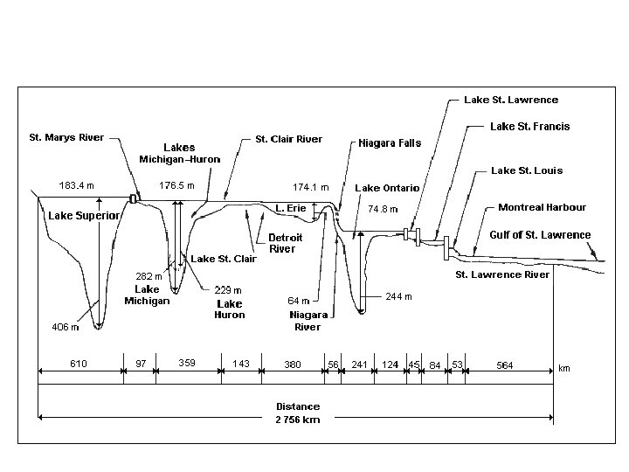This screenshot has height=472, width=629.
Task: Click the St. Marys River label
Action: click(x=66, y=137)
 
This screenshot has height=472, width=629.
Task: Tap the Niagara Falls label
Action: click(x=389, y=143)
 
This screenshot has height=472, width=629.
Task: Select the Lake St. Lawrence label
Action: click(x=511, y=100)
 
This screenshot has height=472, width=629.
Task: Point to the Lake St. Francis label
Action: click(x=529, y=127)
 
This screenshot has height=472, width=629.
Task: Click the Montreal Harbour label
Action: click(x=542, y=208)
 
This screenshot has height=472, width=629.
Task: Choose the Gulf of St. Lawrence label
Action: click(x=540, y=235)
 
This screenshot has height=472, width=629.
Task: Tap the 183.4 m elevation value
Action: click(x=77, y=185)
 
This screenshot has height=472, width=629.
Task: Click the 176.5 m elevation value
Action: click(x=176, y=185)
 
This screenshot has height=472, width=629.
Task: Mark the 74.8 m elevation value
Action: click(x=383, y=210)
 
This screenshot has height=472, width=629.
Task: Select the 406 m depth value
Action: click(x=66, y=328)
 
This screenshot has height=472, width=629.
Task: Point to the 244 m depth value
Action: click(x=397, y=297)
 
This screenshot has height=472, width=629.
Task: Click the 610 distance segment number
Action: click(x=79, y=364)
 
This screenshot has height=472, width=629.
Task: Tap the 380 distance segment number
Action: click(x=293, y=364)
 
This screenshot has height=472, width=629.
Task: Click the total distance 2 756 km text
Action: click(x=298, y=420)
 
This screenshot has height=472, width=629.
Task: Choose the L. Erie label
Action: click(x=290, y=208)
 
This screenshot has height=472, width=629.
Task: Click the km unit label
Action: click(x=564, y=369)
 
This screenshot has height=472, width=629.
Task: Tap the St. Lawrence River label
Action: click(x=502, y=274)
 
